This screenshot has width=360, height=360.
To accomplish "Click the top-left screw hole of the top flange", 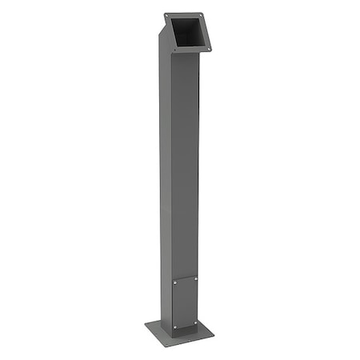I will pyautogui.click(x=167, y=16).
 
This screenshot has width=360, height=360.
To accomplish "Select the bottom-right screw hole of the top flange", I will pyautogui.click(x=209, y=50).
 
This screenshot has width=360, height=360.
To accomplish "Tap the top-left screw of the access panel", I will pyautogui.click(x=174, y=282).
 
